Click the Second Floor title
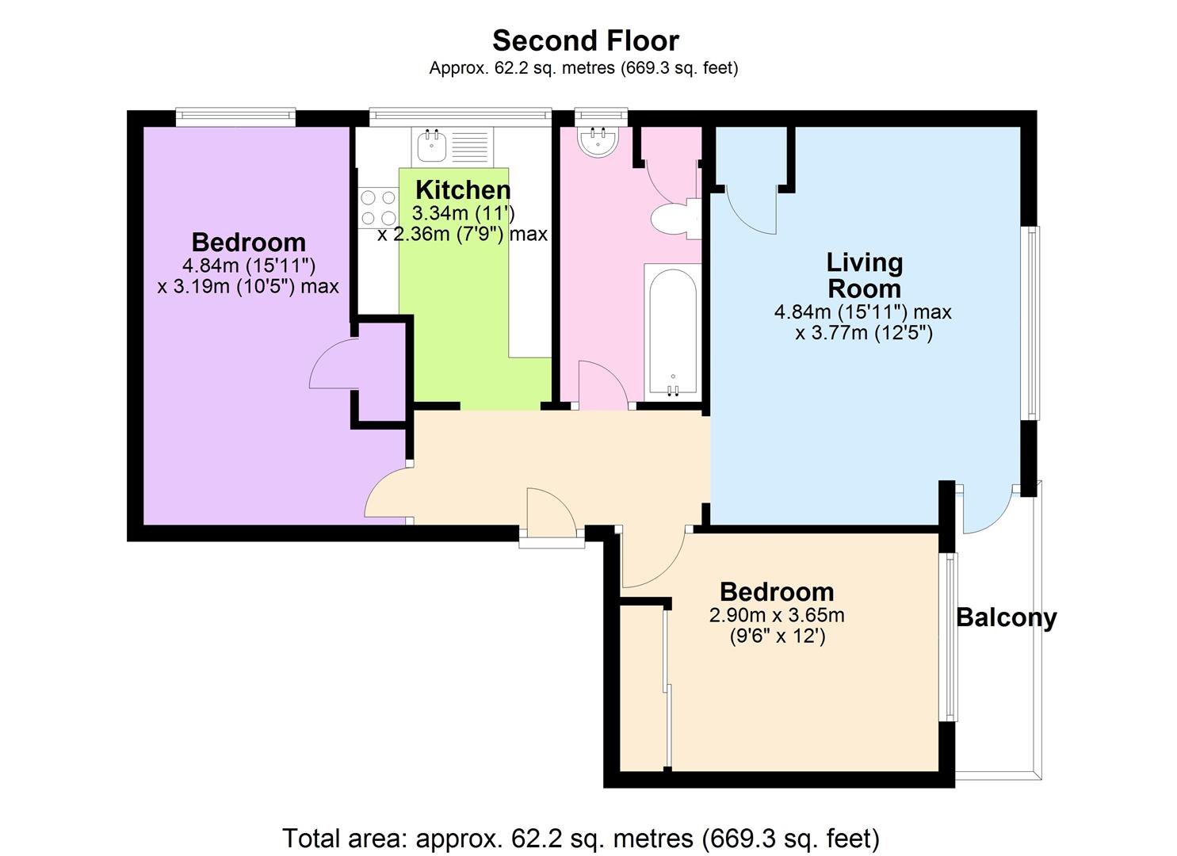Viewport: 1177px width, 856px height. click(x=586, y=41)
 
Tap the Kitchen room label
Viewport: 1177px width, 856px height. click(x=463, y=189)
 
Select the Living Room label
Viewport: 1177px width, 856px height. click(x=865, y=275)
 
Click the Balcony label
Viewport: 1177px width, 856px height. click(x=1006, y=617)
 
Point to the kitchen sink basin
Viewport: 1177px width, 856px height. click(x=432, y=147)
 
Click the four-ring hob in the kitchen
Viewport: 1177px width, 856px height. click(x=378, y=207)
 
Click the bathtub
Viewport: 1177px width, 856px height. click(x=673, y=333)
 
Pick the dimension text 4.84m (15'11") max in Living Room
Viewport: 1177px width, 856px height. click(x=863, y=312)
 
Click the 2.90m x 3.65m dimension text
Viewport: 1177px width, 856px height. click(x=777, y=615)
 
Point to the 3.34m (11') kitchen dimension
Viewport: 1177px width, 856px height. click(x=463, y=213)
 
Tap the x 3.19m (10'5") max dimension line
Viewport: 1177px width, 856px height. click(x=248, y=286)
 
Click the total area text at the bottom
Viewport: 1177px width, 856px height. click(x=581, y=838)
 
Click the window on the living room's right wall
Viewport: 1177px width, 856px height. click(x=1032, y=323)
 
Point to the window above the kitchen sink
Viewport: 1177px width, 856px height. click(x=460, y=117)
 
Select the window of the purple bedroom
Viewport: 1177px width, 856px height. click(x=235, y=117)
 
